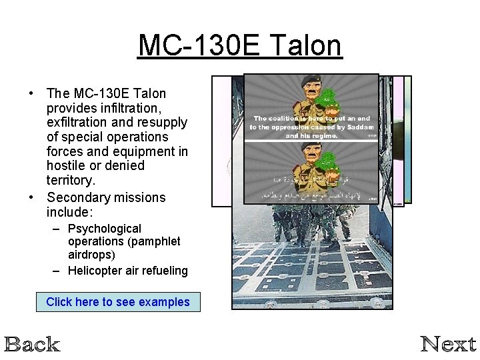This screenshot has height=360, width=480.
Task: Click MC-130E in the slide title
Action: click(197, 45)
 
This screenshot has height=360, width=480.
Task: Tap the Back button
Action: click(32, 344)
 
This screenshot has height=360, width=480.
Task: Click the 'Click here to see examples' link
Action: click(117, 302)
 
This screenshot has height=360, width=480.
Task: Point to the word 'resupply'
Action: click(163, 122)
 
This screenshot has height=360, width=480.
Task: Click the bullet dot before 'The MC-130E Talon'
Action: click(31, 93)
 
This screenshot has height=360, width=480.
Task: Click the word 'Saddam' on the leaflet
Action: click(359, 127)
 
